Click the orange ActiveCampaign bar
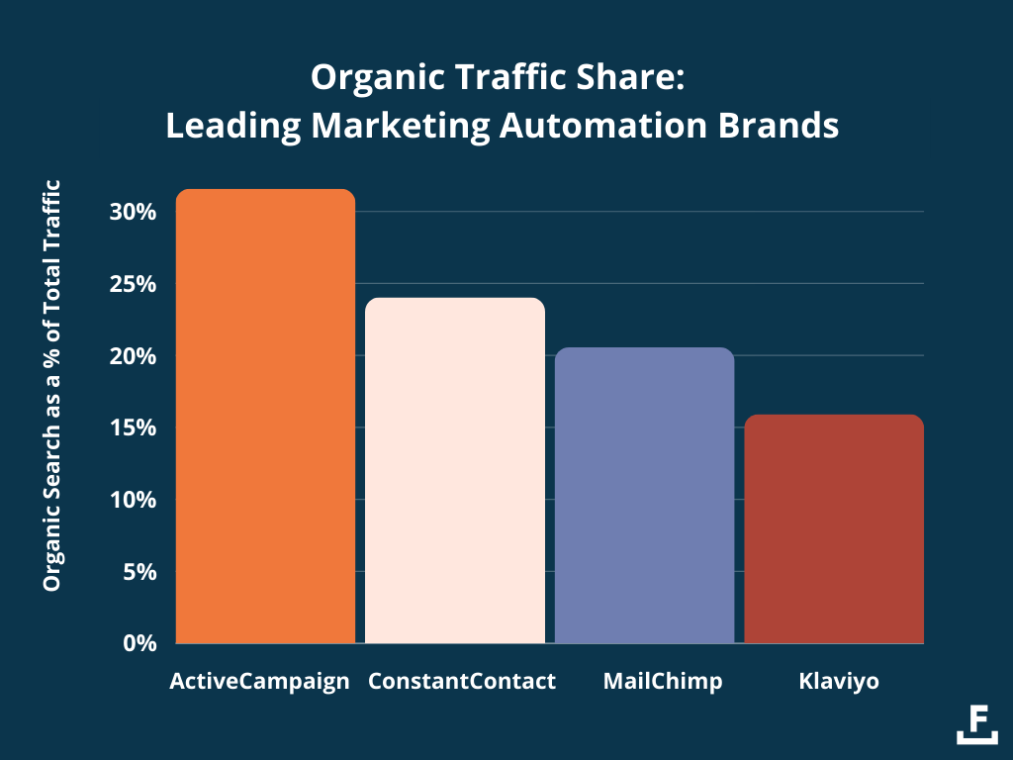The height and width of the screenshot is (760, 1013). [x=265, y=416]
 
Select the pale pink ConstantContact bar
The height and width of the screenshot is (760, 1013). [x=455, y=470]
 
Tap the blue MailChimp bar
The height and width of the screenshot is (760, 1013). [x=644, y=495]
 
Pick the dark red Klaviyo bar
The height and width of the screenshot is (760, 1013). [x=833, y=528]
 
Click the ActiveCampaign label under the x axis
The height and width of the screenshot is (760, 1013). [x=259, y=682]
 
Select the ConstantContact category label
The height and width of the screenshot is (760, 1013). [x=462, y=682]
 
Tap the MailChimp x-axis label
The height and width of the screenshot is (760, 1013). [x=649, y=682]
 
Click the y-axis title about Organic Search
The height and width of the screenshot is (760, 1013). [x=52, y=386]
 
